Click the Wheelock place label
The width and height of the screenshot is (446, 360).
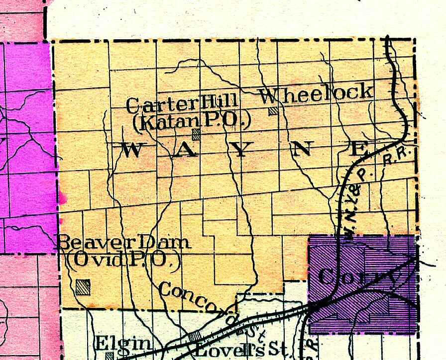click(316, 92)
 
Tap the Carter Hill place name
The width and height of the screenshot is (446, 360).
click(182, 105)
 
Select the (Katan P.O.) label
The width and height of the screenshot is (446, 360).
click(191, 121)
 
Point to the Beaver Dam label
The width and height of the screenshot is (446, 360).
click(124, 243)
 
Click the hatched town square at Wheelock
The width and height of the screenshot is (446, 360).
click(273, 111)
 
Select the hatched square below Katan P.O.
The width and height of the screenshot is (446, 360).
click(197, 133)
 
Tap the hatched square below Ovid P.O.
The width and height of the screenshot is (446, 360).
click(84, 286)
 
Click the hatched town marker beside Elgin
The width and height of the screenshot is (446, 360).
click(109, 356)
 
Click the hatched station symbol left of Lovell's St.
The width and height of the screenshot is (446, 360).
click(196, 337)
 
